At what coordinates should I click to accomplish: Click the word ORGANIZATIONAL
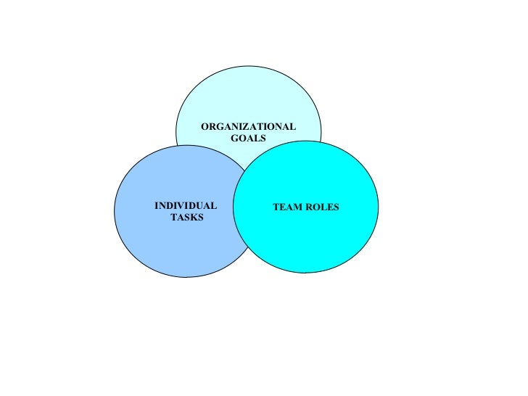click(248, 127)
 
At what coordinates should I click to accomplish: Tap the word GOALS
click(248, 138)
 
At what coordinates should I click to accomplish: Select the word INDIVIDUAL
click(186, 206)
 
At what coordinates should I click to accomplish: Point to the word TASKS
click(186, 218)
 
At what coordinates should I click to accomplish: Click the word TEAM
click(286, 207)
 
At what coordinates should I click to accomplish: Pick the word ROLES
click(323, 207)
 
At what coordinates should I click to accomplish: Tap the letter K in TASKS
click(192, 218)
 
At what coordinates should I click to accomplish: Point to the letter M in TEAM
click(297, 207)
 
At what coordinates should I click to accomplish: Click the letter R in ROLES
click(310, 207)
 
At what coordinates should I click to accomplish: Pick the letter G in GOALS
click(235, 138)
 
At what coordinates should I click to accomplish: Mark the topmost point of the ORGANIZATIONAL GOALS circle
click(248, 65)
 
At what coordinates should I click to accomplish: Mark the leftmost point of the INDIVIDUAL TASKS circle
click(115, 211)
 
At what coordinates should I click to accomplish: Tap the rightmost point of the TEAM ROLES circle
click(379, 207)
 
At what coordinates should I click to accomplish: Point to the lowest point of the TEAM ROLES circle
click(305, 273)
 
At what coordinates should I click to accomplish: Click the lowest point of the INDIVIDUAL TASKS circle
click(186, 277)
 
